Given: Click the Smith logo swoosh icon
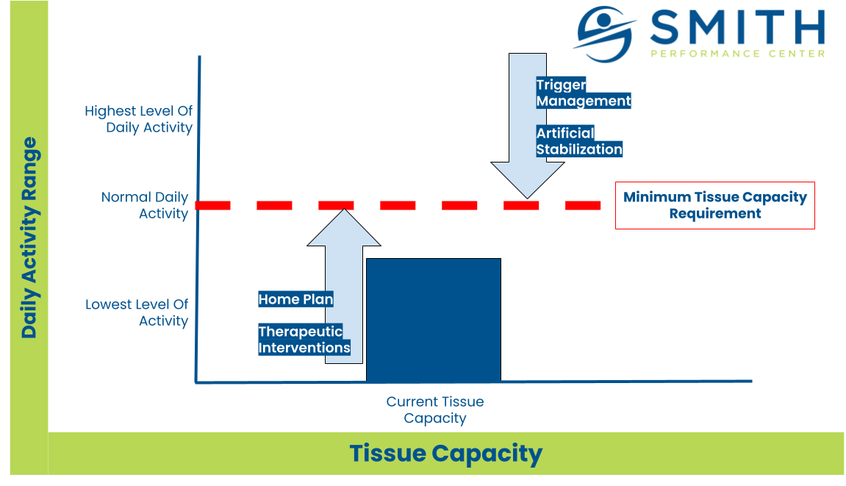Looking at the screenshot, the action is (x=604, y=34).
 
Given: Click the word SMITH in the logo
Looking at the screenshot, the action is (x=737, y=27).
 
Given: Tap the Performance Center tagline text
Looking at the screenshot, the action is (x=737, y=54).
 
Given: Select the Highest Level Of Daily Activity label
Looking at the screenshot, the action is (x=139, y=119).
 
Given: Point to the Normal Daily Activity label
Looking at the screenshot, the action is (x=145, y=205).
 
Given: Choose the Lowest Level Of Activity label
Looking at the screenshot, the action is (x=137, y=312).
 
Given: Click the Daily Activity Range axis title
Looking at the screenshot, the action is (x=29, y=237).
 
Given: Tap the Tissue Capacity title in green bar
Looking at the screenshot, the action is (x=445, y=454).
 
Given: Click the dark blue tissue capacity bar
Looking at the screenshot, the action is (x=434, y=320).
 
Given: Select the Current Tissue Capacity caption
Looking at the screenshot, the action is (x=435, y=410).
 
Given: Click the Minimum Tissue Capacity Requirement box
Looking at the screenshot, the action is (x=715, y=205).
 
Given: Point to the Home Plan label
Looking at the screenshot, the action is (x=295, y=299).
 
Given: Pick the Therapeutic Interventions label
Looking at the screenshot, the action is (x=304, y=339).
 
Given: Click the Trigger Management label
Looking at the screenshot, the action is (x=584, y=93).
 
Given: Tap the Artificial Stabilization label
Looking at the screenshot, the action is (x=579, y=141).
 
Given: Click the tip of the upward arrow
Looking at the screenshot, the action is (x=344, y=209).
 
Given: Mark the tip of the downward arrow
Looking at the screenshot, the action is (x=527, y=199).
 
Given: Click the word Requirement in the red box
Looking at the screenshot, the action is (x=715, y=214).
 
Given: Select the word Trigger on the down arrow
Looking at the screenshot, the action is (x=561, y=85).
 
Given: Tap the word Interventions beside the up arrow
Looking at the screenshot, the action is (x=304, y=347).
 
